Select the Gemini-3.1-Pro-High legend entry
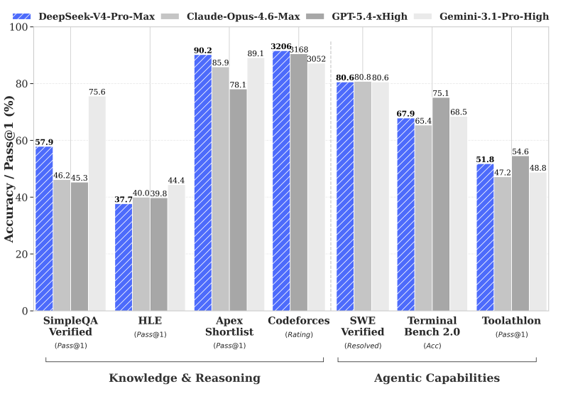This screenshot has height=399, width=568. [490, 16]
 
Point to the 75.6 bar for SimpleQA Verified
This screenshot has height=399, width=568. [97, 203]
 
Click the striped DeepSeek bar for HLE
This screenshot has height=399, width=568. [124, 257]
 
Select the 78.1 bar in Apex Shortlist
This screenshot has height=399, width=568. [238, 200]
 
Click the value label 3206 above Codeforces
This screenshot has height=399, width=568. [280, 46]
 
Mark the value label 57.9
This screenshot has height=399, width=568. [44, 142]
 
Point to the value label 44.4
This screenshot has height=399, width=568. [176, 181]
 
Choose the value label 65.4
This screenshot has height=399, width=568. [423, 121]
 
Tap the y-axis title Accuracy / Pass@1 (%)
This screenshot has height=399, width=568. [9, 169]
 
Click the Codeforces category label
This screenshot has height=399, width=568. [299, 321]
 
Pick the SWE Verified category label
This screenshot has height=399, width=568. [363, 326]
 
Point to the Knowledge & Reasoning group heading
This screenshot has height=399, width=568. [185, 378]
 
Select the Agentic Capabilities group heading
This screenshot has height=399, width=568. [437, 378]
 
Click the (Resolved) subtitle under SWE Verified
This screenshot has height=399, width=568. [363, 346]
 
